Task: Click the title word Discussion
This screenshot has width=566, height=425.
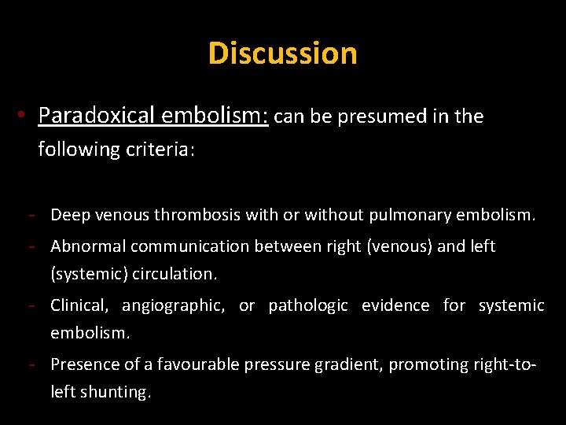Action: [283, 54]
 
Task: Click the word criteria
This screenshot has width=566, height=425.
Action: [160, 150]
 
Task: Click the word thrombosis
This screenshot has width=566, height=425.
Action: [198, 214]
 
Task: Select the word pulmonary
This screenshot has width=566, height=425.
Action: [410, 214]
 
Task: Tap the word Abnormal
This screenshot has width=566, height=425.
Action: [88, 246]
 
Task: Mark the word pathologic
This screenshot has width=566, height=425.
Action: [308, 305]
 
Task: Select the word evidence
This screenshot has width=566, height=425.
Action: [395, 305]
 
